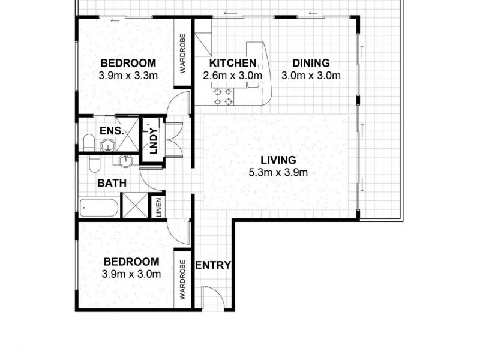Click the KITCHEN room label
pos(233,63)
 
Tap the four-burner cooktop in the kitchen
pos(224,96)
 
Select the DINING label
pos(311,63)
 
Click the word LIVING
pos(278,160)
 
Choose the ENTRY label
pos(213,265)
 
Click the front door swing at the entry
pos(210,298)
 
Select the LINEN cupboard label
pos(159,208)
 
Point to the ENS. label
pos(112,130)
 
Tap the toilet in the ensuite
pos(88,143)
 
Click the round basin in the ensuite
pos(107,145)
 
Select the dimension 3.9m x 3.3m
pos(128,76)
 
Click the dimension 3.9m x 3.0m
pos(131,274)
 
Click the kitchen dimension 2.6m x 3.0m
pos(233,76)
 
